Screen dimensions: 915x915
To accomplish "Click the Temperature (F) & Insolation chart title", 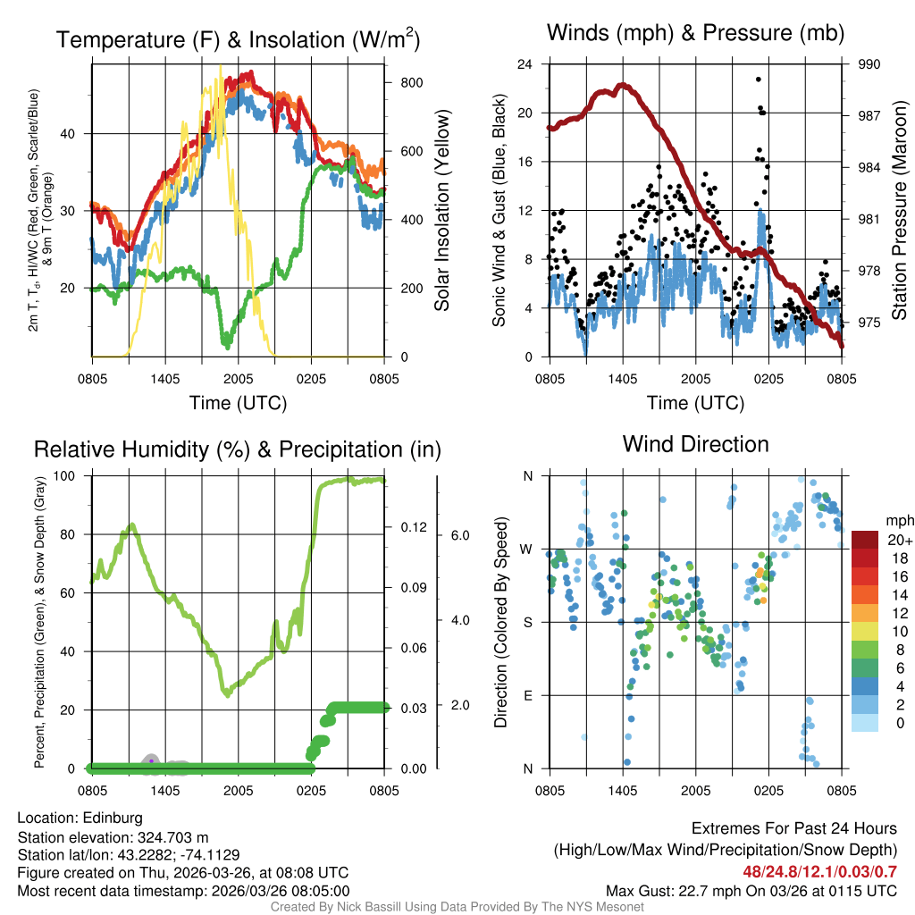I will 238,40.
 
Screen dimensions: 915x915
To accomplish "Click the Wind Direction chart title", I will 695,444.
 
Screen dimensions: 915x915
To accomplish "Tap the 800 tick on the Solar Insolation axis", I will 411,82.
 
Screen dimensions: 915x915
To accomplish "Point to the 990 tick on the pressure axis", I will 870,64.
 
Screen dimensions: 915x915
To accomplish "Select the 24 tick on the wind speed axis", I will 525,64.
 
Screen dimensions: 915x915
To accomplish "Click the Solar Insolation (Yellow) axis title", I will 441,211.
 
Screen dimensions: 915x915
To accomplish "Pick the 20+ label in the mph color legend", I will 900,540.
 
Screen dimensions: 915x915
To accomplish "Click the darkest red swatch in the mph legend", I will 865,540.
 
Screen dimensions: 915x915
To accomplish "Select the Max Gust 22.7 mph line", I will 751,891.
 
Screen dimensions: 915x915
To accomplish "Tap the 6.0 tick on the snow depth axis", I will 460,535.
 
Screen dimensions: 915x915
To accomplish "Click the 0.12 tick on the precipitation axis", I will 412,528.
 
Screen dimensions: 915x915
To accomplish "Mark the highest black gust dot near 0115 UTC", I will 759,80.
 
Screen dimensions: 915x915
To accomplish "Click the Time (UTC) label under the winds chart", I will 695,403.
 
